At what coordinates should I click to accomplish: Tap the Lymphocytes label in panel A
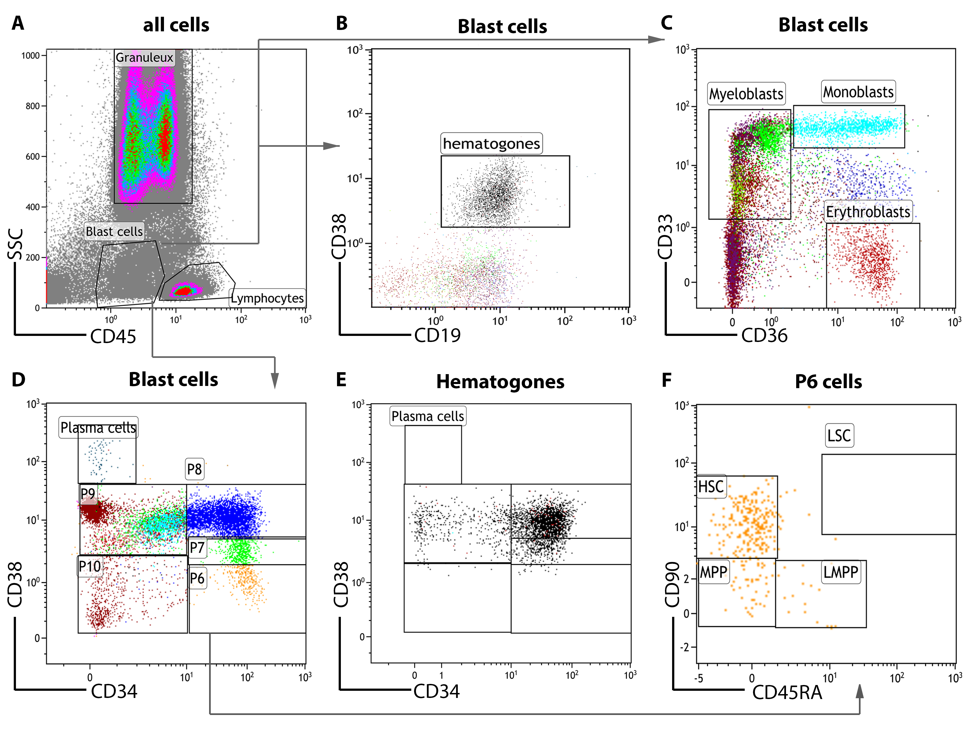point(267,298)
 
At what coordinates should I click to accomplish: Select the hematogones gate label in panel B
point(491,143)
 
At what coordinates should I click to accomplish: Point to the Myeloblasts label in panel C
point(746,94)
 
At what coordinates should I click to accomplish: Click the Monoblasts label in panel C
point(858,92)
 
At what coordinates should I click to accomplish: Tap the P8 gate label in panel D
point(195,469)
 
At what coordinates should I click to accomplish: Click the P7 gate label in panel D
point(197,548)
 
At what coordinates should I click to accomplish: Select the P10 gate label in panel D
point(90,566)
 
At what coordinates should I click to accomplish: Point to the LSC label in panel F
point(839,436)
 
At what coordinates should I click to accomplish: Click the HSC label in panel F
point(711,487)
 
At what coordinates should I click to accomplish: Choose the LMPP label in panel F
point(840,572)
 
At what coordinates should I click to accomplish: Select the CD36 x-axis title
point(764,336)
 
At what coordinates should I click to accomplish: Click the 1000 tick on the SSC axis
point(31,56)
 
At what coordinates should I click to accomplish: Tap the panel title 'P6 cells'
point(828,382)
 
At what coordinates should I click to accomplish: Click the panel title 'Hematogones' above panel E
point(500,382)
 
